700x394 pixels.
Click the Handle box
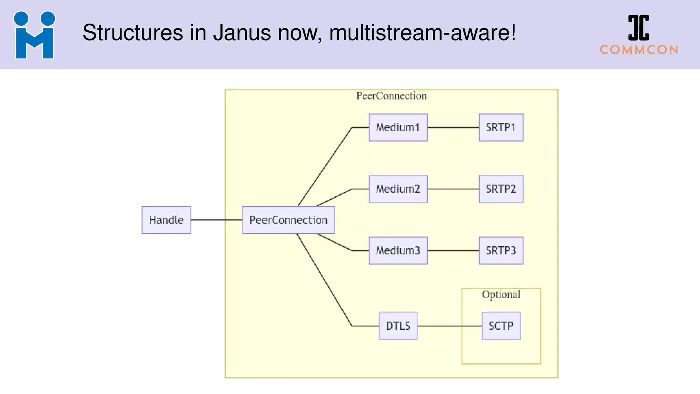tap(166, 220)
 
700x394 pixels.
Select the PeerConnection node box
tap(288, 220)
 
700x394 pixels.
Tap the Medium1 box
tap(398, 128)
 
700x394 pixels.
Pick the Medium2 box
tap(398, 189)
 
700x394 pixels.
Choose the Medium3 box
tap(398, 251)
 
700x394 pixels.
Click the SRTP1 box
tap(501, 128)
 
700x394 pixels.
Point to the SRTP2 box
tap(501, 189)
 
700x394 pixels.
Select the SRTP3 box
tap(501, 251)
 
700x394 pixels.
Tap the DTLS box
tap(398, 326)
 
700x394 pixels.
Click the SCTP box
tap(501, 326)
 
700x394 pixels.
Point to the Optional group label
tap(501, 294)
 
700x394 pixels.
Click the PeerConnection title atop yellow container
tap(391, 96)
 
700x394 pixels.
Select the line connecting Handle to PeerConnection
tap(216, 220)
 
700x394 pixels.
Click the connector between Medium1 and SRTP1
tap(453, 128)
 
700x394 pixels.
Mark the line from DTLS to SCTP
tap(444, 326)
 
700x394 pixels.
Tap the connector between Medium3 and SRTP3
tap(453, 251)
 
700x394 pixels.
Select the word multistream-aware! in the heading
tap(422, 33)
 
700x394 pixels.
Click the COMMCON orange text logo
tap(639, 50)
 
